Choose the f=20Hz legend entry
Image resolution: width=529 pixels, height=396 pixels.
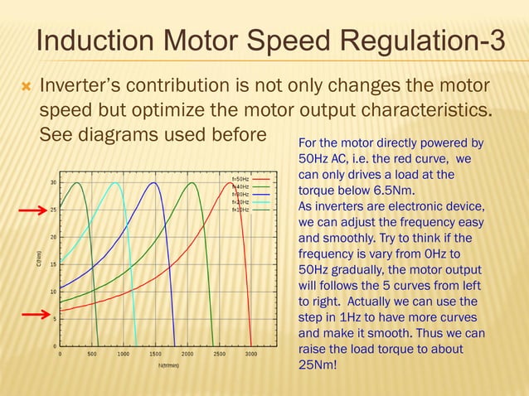241,202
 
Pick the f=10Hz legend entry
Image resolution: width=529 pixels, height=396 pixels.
241,210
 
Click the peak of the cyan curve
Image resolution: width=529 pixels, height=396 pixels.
115,183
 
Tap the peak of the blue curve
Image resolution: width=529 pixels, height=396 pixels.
154,183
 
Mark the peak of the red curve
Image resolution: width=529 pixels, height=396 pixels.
232,183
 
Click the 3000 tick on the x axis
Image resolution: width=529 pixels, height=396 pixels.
251,354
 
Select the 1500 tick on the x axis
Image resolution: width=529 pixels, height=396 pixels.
155,354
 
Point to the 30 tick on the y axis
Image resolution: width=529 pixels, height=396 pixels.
53,183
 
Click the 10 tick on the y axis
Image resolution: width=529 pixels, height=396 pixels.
53,292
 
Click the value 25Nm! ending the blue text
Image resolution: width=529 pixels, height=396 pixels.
317,365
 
